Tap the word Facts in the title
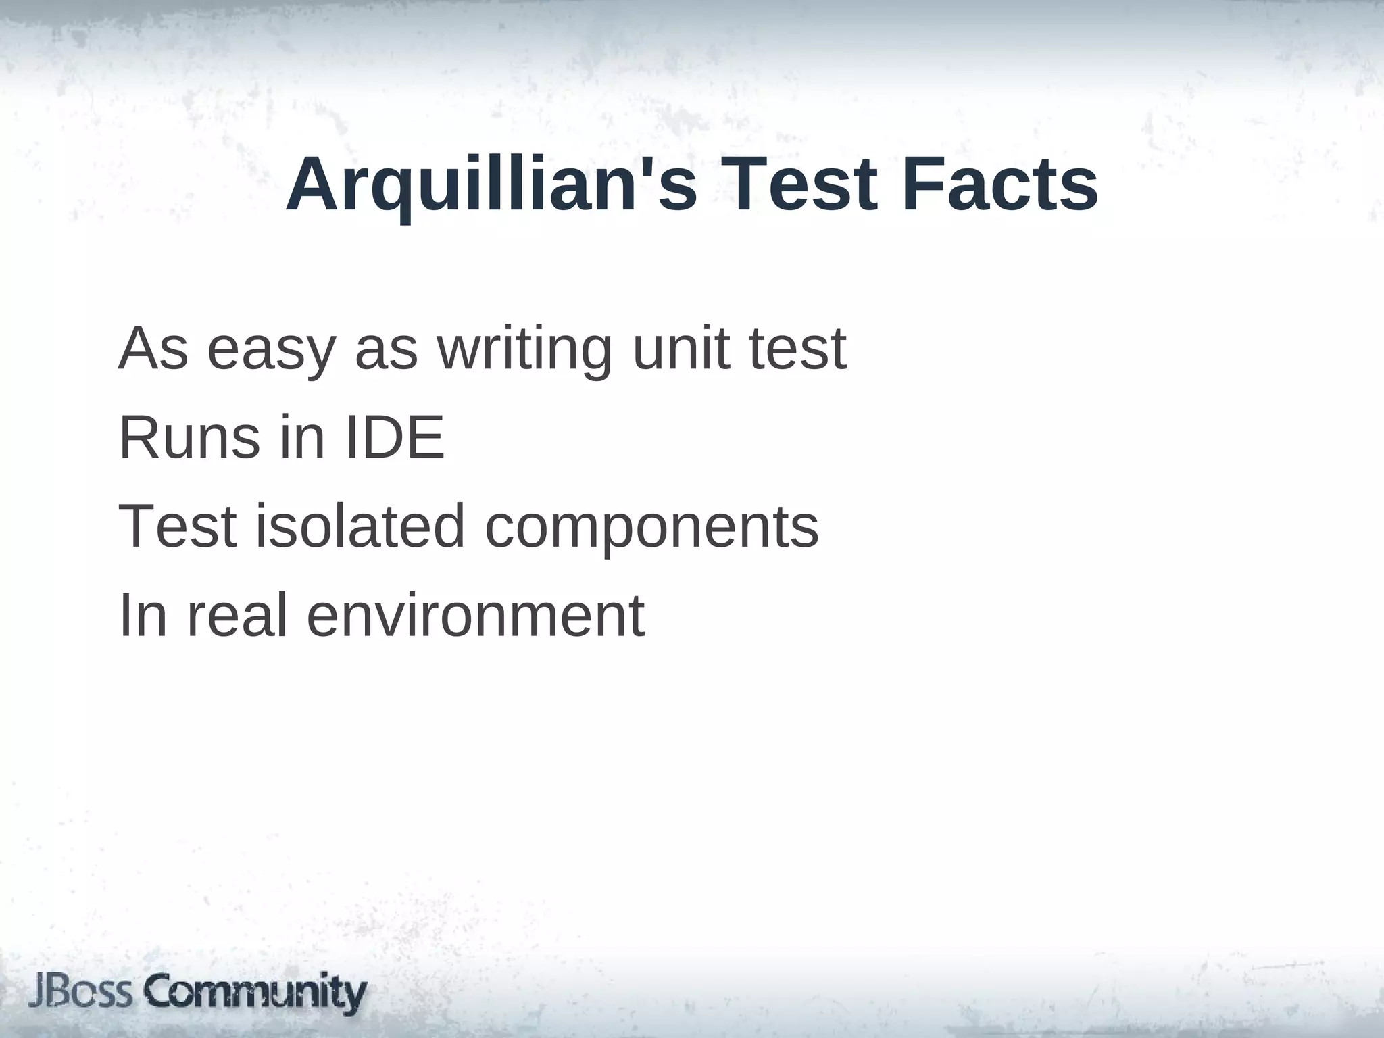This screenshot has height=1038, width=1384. coord(1000,184)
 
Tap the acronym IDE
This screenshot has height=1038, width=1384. coord(395,438)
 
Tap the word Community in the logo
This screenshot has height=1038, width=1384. coord(257,993)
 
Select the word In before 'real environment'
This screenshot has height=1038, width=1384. coord(143,615)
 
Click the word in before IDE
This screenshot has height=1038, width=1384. coord(302,438)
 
